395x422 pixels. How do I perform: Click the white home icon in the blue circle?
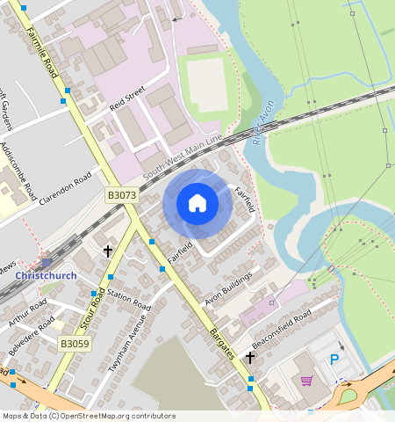197,204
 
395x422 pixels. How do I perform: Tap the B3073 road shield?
122,195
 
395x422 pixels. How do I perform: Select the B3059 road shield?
75,344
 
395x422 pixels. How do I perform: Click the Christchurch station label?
46,275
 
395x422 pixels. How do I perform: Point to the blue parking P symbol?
334,359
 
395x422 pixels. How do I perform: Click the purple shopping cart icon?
306,380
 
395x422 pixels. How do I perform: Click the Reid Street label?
126,100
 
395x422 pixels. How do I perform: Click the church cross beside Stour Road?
108,251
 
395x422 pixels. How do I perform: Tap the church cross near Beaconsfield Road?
250,358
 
